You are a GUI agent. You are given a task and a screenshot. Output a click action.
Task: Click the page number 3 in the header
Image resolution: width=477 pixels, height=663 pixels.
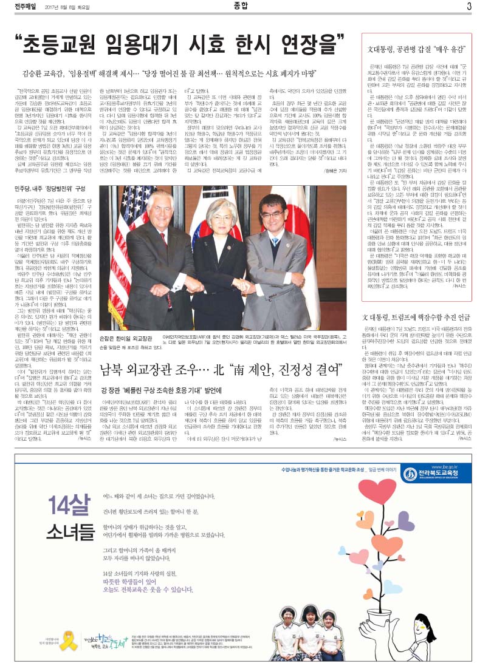tap(469, 6)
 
